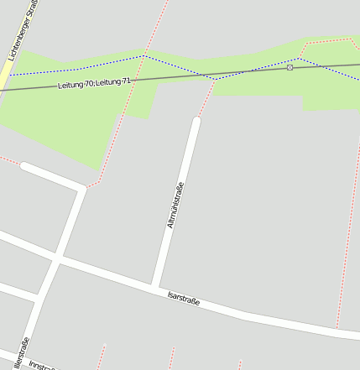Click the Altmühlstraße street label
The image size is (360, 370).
click(175, 206)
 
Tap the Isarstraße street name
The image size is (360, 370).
click(184, 297)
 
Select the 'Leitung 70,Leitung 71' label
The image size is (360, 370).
click(94, 84)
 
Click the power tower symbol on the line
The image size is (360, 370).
click(290, 67)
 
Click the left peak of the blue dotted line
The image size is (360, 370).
click(144, 56)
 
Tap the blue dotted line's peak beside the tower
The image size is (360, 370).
click(296, 59)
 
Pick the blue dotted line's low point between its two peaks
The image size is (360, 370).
click(216, 79)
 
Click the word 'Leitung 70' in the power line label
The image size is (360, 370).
click(75, 86)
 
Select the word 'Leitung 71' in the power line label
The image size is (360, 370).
click(114, 81)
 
